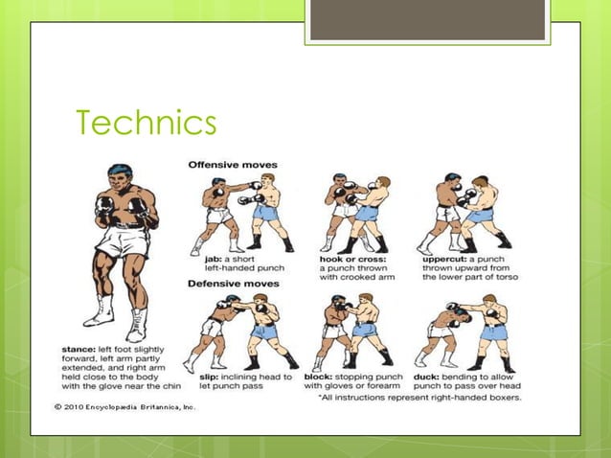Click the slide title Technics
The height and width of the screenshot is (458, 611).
[147, 124]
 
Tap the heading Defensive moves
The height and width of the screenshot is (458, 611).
[233, 284]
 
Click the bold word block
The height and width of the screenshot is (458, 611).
[318, 377]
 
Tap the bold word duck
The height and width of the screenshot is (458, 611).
[426, 377]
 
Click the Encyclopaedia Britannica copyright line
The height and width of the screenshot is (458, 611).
[124, 407]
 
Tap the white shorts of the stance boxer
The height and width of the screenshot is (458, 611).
[123, 240]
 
